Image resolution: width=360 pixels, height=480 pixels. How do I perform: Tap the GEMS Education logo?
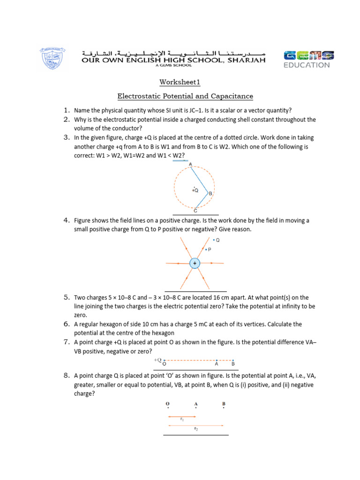pos(307,59)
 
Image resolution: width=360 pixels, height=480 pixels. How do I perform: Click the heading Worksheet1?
pos(180,82)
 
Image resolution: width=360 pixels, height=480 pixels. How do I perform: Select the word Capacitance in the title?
pos(232,97)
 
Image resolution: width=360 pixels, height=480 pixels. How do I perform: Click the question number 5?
pos(67,297)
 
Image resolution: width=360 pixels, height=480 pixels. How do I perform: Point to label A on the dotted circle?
pos(190,164)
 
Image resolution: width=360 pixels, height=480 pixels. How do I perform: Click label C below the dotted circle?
pos(195,211)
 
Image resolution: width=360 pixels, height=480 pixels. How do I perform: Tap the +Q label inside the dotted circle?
pos(195,190)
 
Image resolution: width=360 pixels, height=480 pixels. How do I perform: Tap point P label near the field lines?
pos(209,250)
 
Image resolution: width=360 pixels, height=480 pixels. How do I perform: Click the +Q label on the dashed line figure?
pos(157,360)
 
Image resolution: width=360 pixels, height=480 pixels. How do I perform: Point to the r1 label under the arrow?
pos(182,419)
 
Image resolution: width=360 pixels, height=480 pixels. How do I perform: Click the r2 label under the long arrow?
pos(195,428)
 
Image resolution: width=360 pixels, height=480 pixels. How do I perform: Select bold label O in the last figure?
pos(167,404)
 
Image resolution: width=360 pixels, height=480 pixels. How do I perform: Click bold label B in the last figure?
pos(224,404)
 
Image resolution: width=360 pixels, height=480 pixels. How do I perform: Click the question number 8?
pos(67,375)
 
